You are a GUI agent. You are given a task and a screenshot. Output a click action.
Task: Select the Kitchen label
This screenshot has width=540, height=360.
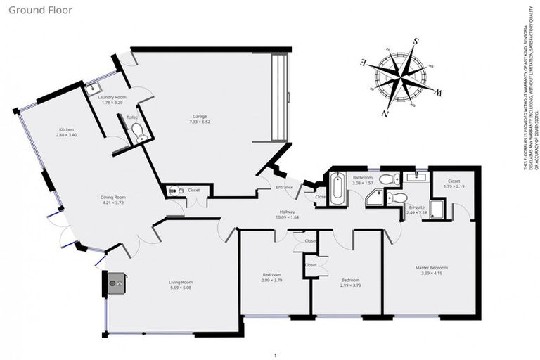click(66, 130)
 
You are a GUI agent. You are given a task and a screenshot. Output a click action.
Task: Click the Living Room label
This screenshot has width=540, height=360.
click(181, 283)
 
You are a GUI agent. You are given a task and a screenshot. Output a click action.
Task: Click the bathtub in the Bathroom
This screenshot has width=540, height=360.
click(337, 188)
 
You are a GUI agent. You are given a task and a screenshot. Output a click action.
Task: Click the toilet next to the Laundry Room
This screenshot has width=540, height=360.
click(139, 130)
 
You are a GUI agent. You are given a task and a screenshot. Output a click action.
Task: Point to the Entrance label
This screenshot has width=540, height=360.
click(284, 187)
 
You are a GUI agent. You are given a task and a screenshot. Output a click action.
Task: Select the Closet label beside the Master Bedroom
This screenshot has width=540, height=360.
click(454, 181)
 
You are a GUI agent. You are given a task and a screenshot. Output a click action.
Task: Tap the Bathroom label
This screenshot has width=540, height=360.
click(362, 178)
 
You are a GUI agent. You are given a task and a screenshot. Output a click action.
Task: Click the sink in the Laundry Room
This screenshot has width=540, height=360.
click(91, 89)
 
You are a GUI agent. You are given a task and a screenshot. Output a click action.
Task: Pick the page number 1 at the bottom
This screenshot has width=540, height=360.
click(276, 355)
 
